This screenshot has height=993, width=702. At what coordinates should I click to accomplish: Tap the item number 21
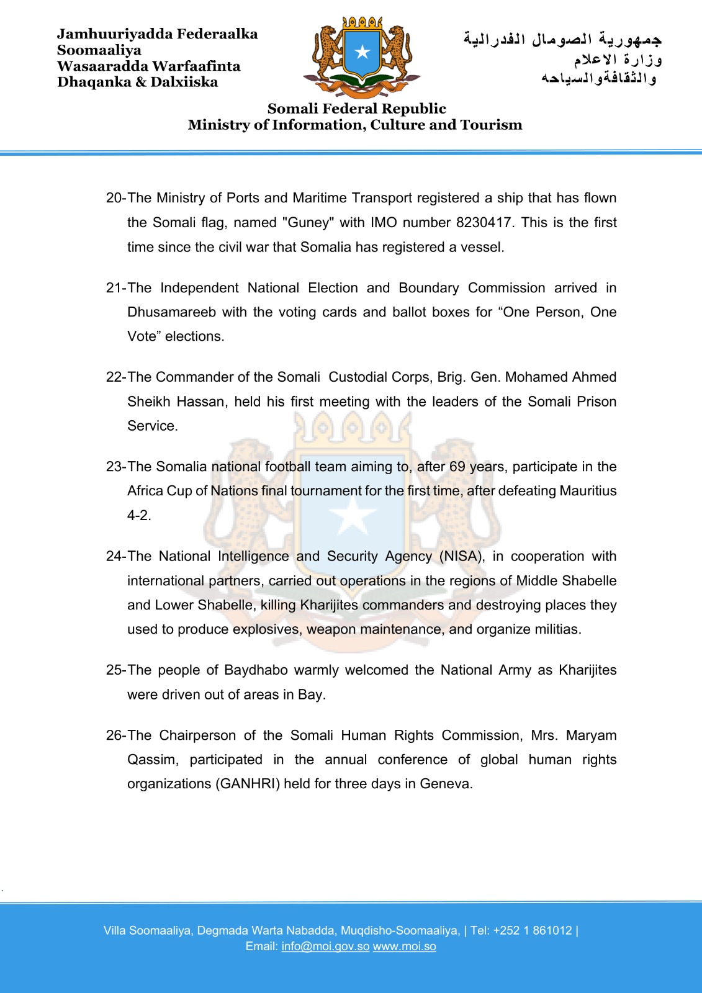coord(115,288)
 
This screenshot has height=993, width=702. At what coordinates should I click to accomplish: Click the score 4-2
coord(139,515)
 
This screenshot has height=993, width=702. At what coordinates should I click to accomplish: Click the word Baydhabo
coord(256,670)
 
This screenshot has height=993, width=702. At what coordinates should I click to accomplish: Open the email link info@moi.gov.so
coord(325,946)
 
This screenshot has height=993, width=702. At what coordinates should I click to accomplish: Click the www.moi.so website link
coord(404,946)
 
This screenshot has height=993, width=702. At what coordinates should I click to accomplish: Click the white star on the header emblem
coord(362,52)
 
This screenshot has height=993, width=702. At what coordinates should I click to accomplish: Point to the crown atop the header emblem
coord(362,23)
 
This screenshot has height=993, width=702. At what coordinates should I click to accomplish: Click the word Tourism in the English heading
coord(491,125)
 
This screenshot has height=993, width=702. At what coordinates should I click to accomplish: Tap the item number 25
coord(115,670)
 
